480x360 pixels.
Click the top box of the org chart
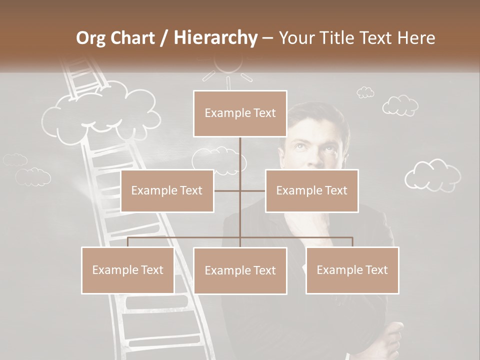(x=240, y=113)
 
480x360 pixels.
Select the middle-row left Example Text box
(x=167, y=190)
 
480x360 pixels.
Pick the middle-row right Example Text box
(x=311, y=190)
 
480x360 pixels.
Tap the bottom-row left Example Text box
(x=128, y=270)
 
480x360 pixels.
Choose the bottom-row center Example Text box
(x=240, y=270)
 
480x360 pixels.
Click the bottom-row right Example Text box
(x=352, y=270)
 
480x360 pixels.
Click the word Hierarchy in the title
(x=215, y=38)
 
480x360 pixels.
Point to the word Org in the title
(x=91, y=38)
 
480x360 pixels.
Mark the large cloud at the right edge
(x=432, y=175)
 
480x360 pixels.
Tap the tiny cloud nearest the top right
(x=365, y=92)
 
